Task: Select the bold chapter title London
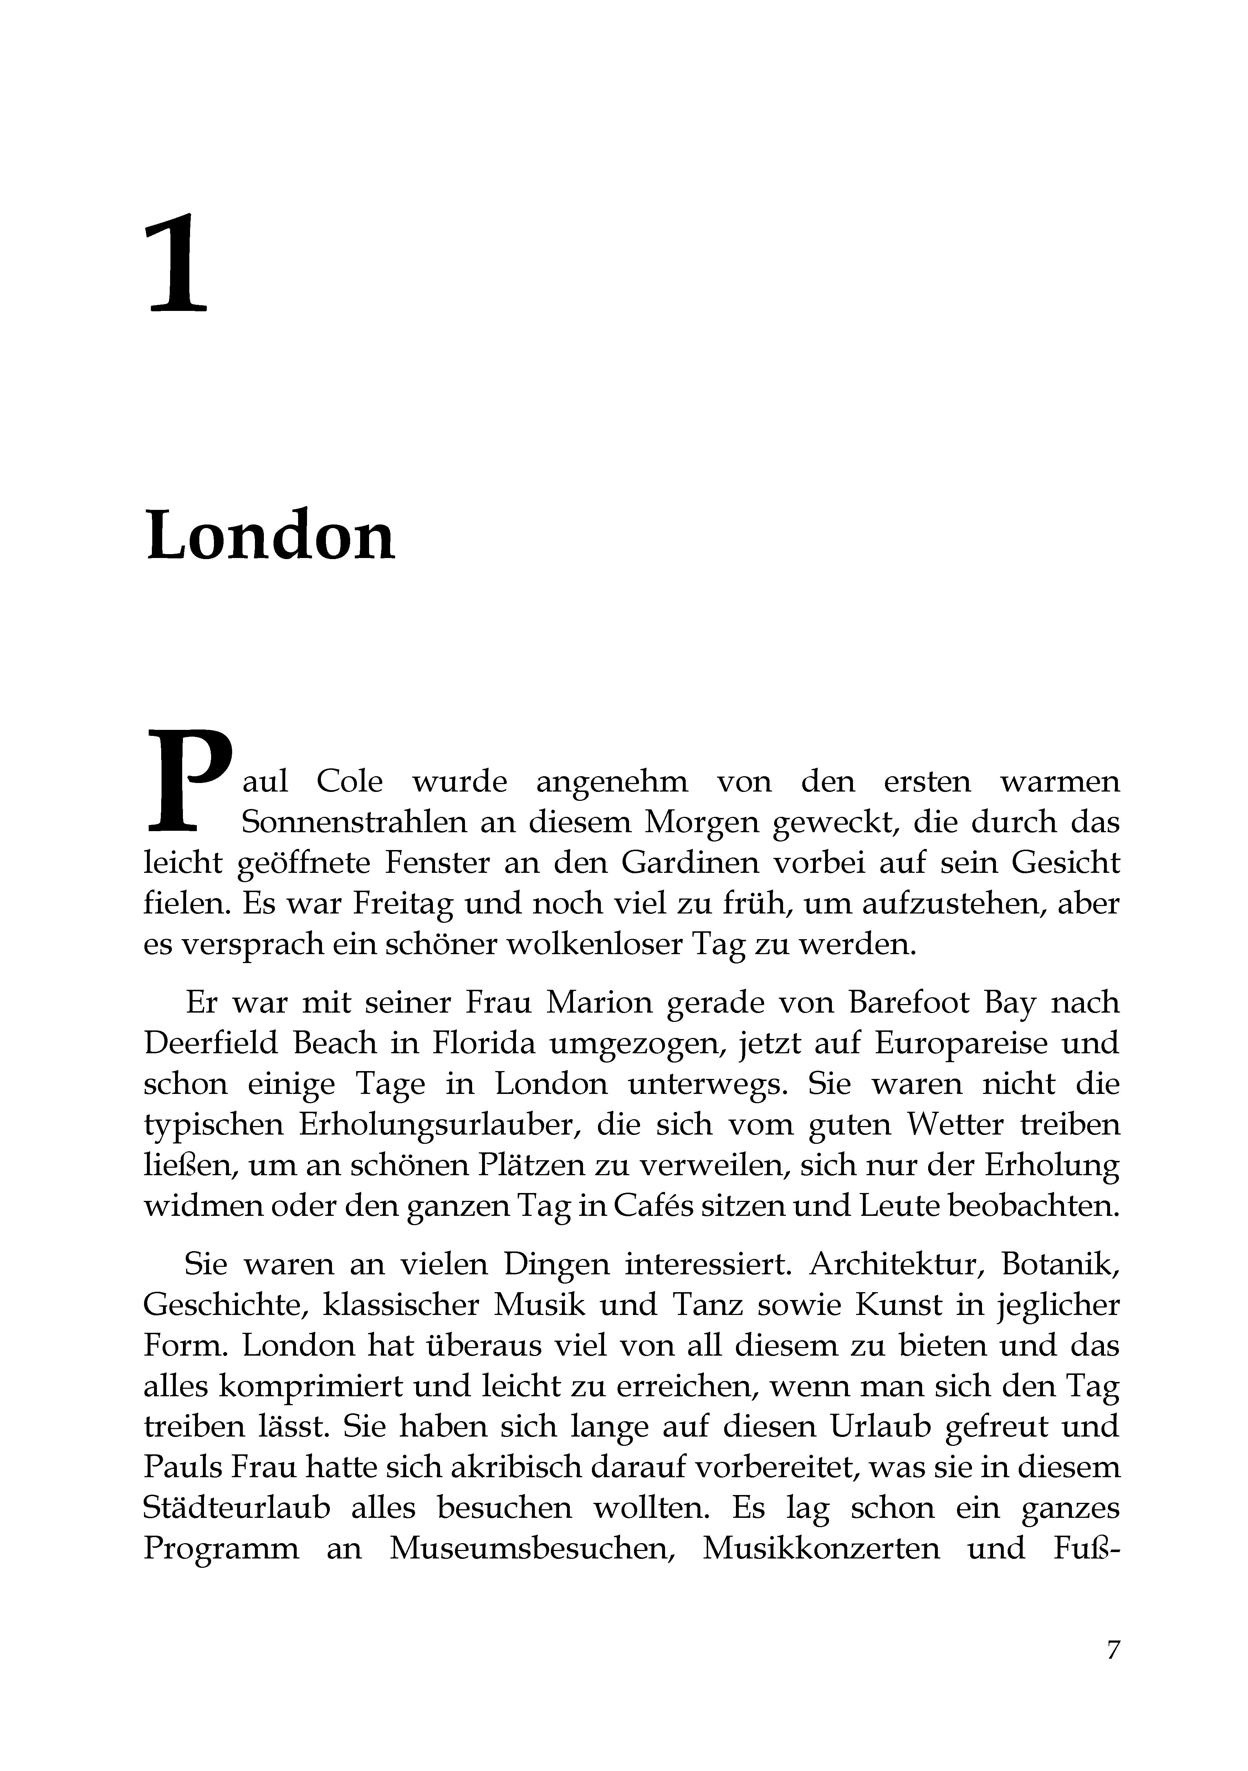coord(270,535)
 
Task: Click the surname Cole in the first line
coord(349,781)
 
